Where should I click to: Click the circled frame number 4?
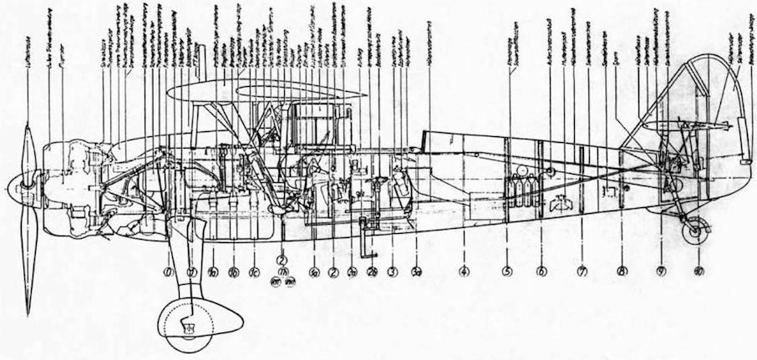463,271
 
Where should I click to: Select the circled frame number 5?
506,271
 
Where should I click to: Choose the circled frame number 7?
582,271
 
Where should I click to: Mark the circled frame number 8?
622,271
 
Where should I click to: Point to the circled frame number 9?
661,271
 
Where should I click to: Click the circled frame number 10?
699,271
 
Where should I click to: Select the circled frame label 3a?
415,271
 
